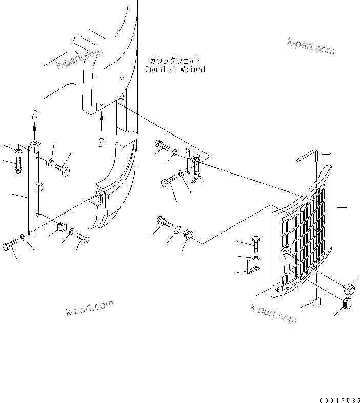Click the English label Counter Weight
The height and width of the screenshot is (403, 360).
pyautogui.click(x=175, y=69)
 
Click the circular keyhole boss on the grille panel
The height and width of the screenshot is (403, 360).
pyautogui.click(x=286, y=253)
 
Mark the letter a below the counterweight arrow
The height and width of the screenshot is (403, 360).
pyautogui.click(x=102, y=142)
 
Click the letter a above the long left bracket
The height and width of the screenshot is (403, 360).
pyautogui.click(x=34, y=113)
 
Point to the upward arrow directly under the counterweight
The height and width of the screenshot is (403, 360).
pyautogui.click(x=102, y=122)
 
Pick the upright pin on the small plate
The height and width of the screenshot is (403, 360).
pyautogui.click(x=249, y=267)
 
